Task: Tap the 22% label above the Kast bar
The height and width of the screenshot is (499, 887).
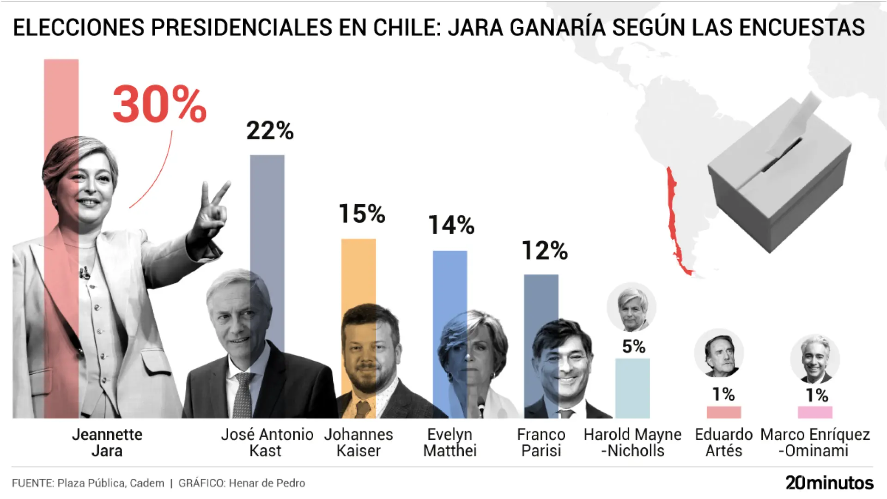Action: tap(270, 131)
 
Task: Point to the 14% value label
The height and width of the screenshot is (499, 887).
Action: tap(451, 225)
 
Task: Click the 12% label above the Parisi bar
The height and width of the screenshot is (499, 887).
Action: tap(545, 251)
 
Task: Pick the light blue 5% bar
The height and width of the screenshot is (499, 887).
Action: tap(632, 388)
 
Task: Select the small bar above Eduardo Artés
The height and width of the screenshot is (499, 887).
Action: tap(723, 412)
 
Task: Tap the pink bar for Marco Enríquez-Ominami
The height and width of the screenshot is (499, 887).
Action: tap(815, 412)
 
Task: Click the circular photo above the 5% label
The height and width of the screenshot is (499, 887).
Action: tap(632, 307)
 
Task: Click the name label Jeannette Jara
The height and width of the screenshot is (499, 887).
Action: tap(107, 442)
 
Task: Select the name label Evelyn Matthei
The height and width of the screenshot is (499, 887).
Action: tap(450, 442)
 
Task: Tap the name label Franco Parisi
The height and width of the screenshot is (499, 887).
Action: tap(541, 442)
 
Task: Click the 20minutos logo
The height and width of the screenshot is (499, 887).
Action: tap(829, 483)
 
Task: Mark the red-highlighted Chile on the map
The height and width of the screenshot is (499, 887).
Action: tap(675, 222)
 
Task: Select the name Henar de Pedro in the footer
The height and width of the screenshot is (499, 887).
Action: tap(267, 483)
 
